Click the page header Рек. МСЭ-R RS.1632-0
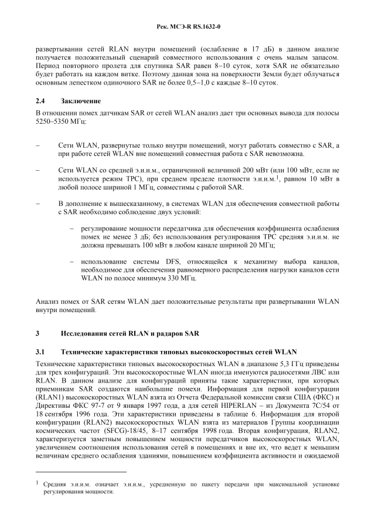pyautogui.click(x=187, y=26)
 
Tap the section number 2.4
pyautogui.click(x=40, y=100)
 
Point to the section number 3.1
pyautogui.click(x=40, y=352)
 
